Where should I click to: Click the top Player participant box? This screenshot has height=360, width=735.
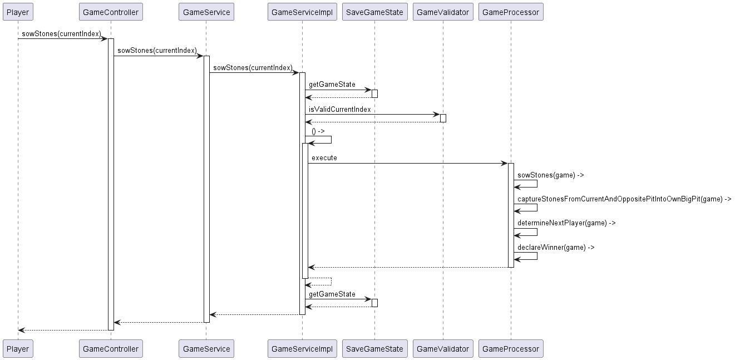(x=17, y=12)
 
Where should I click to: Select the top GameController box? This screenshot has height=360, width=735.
(x=111, y=12)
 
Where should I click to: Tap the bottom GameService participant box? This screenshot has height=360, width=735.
(x=206, y=349)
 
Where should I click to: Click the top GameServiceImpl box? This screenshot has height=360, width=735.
(x=302, y=12)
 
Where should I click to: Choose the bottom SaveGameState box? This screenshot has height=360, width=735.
(x=374, y=349)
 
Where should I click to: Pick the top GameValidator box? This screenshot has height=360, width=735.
(x=443, y=12)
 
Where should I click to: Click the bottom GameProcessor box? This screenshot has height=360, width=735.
(x=510, y=349)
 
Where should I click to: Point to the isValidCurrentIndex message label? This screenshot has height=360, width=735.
(x=339, y=110)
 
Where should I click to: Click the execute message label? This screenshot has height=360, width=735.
(x=324, y=158)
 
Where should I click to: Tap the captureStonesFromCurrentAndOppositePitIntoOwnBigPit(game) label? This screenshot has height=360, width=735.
(x=624, y=199)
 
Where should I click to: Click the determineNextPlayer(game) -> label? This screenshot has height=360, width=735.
(x=566, y=223)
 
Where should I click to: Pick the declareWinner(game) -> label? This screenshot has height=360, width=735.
(x=555, y=248)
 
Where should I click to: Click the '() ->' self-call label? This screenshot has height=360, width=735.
(x=318, y=131)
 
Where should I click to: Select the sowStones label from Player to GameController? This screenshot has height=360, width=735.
(x=61, y=34)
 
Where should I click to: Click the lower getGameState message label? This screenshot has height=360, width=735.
(x=332, y=294)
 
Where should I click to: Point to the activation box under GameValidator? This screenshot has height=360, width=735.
(x=443, y=118)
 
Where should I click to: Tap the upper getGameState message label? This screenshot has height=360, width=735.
(x=332, y=85)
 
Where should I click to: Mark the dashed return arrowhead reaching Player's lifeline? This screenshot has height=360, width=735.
(x=21, y=330)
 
